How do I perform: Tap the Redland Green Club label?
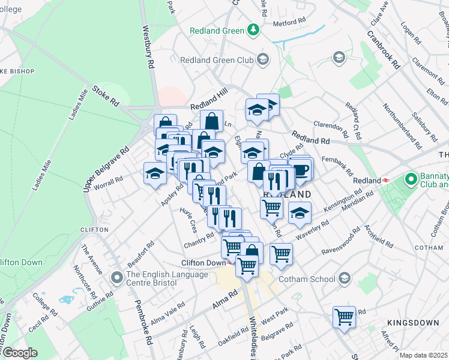pos(218,59)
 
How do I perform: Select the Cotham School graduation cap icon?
pos(345,278)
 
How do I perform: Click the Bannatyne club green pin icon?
pos(411,179)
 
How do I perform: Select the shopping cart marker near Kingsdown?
pos(345,316)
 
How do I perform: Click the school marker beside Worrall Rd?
pos(155,173)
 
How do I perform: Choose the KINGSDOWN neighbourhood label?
pos(413,323)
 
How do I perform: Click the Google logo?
pos(19,353)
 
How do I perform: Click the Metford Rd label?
pos(290,22)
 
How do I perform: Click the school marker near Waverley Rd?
pos(300,212)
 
